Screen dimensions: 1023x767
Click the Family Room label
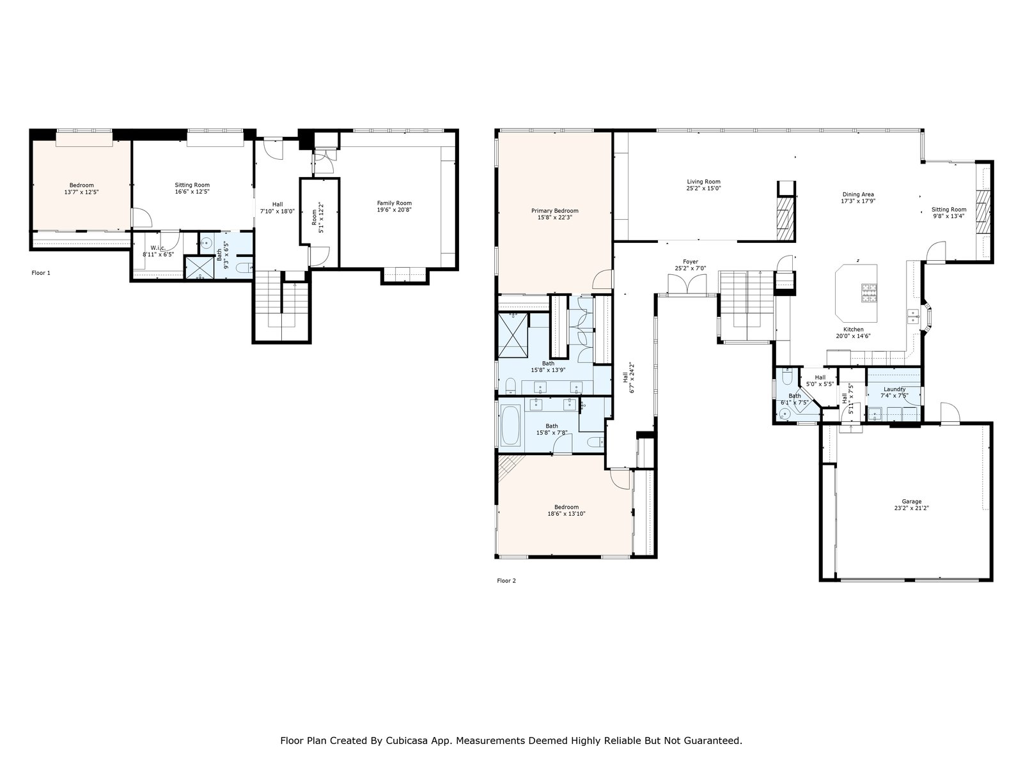(394, 203)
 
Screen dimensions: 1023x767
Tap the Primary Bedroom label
(554, 211)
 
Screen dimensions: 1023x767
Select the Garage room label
(911, 502)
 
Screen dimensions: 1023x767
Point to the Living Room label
(703, 182)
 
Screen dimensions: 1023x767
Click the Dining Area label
(858, 195)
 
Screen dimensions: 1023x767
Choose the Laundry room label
(894, 389)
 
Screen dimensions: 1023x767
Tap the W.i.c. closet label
(158, 248)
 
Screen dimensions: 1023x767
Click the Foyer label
(691, 261)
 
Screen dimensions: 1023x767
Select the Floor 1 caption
(41, 273)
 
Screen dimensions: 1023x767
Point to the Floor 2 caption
(506, 581)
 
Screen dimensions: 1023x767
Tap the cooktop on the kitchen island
(869, 293)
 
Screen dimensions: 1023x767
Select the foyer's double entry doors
(687, 284)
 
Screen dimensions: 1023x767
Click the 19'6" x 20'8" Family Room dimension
(394, 210)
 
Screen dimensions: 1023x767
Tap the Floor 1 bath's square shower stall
(199, 268)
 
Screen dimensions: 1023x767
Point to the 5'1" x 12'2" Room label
(317, 217)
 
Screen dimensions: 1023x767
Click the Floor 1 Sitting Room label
(192, 185)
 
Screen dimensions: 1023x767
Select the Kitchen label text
(854, 329)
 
